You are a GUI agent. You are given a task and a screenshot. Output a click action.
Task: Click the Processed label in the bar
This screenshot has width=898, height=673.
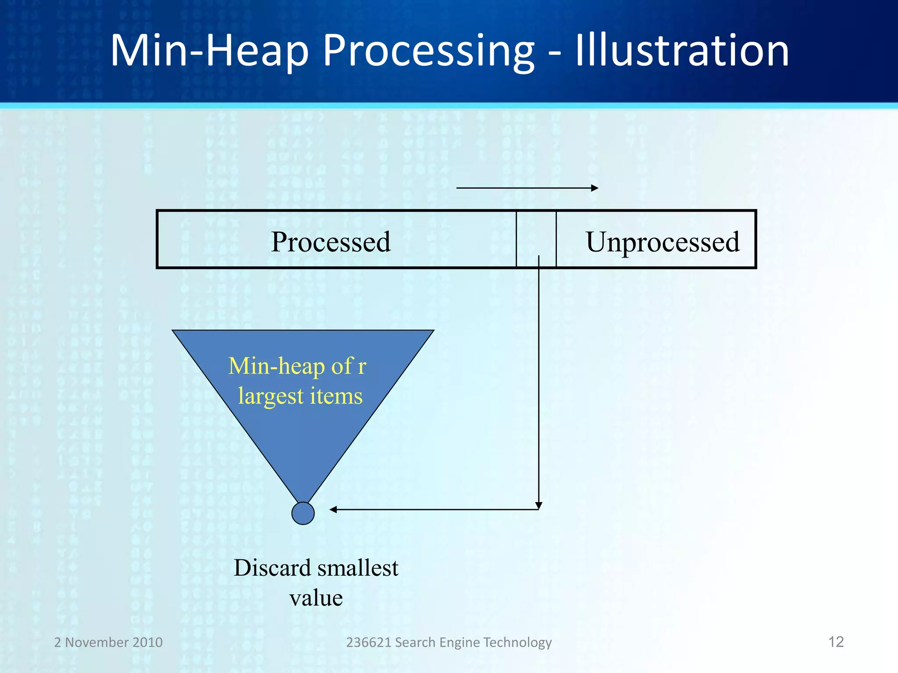pyautogui.click(x=331, y=242)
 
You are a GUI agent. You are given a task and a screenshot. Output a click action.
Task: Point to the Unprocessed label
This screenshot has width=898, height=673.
pyautogui.click(x=663, y=242)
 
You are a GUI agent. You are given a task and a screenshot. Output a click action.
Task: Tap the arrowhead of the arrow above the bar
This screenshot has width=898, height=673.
pyautogui.click(x=595, y=188)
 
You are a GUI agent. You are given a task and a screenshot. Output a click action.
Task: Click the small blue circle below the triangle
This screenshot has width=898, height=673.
pyautogui.click(x=303, y=513)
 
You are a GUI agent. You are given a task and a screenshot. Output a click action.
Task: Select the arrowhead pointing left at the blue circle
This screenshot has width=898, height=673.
pyautogui.click(x=333, y=510)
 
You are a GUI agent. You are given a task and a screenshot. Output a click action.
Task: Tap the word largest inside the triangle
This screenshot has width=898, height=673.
pyautogui.click(x=271, y=397)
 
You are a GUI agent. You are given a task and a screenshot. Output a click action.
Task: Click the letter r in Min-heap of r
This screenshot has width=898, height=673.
pyautogui.click(x=362, y=366)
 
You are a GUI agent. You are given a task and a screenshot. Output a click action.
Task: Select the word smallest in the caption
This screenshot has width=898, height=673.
pyautogui.click(x=358, y=568)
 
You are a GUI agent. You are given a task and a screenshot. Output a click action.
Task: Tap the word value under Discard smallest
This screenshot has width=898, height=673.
pyautogui.click(x=316, y=598)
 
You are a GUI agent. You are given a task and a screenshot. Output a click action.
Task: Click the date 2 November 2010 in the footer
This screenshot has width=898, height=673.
pyautogui.click(x=108, y=642)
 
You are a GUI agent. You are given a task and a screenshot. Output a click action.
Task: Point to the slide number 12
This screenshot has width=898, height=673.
pyautogui.click(x=836, y=642)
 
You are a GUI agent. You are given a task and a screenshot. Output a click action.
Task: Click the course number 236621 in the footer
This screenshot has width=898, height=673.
pyautogui.click(x=368, y=642)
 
